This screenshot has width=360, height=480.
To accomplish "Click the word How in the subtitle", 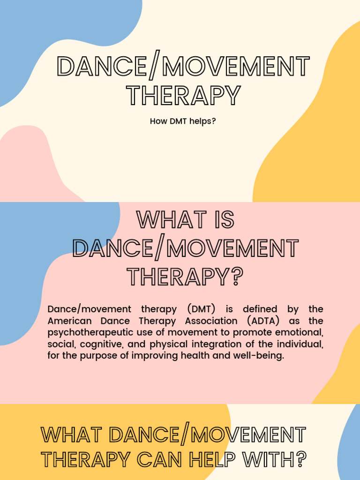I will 158,121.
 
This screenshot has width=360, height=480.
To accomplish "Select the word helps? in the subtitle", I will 203,121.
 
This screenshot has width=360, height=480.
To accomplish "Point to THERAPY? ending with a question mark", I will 185,277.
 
